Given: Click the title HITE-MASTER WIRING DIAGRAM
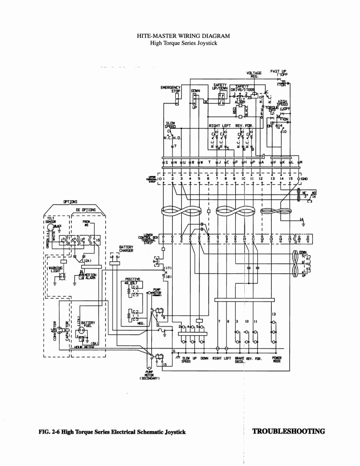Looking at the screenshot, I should tap(183, 36).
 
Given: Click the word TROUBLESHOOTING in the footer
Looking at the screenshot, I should tap(288, 431).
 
